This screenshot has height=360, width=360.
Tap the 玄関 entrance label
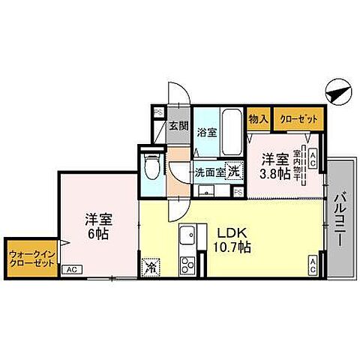click(x=178, y=125)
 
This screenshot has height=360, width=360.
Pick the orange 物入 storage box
click(x=259, y=118)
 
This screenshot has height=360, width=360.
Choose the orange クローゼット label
click(x=298, y=118)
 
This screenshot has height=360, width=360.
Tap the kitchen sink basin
click(x=187, y=235)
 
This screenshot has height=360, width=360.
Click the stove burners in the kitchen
click(x=187, y=264)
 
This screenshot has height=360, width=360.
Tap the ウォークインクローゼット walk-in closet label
click(x=30, y=259)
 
